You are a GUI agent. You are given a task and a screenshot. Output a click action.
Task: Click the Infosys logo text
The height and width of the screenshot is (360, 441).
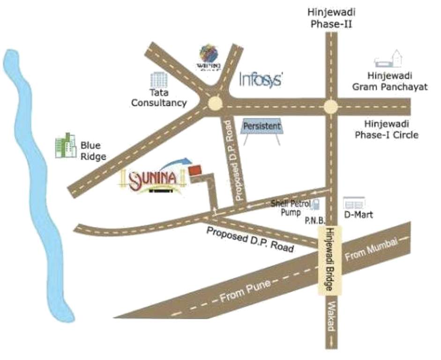(261, 79)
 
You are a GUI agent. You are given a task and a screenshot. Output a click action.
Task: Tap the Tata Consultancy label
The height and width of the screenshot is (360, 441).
(159, 98)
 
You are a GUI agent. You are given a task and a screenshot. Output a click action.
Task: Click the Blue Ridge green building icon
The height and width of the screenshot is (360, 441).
(66, 145)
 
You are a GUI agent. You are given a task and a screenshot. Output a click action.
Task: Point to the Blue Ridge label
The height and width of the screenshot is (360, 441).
(93, 151)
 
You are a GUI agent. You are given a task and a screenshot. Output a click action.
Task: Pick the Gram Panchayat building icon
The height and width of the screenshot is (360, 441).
(389, 59)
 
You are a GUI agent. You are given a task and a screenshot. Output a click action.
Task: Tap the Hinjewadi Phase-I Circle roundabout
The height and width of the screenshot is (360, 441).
(330, 106)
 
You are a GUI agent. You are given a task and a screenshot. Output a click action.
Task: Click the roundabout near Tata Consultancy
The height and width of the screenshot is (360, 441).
(216, 103)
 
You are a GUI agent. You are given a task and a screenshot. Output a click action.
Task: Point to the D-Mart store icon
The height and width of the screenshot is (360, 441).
(354, 203)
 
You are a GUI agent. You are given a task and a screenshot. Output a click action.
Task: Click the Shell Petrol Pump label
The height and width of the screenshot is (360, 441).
(290, 208)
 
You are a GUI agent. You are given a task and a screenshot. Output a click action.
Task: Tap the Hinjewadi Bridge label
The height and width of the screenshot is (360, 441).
(330, 259)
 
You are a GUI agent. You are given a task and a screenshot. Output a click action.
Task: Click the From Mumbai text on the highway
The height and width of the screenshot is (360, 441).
(371, 250)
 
